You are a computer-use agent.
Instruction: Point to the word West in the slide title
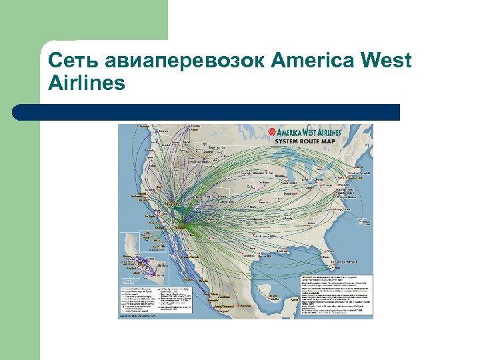385,61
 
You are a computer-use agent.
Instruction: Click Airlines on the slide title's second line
87,84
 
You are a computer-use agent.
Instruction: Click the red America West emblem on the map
272,131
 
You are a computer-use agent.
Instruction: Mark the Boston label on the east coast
365,172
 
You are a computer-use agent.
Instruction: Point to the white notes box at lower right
329,293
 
